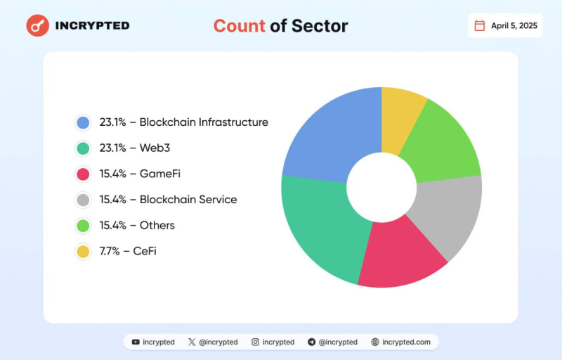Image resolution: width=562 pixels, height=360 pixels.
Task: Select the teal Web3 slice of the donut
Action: (x=320, y=225)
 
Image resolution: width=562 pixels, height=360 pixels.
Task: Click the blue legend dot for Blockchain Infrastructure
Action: (x=84, y=122)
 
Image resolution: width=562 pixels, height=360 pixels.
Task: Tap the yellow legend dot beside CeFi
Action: (x=84, y=251)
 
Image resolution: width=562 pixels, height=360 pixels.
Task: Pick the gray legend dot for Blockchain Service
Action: (x=84, y=200)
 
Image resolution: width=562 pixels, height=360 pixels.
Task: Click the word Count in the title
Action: (x=240, y=26)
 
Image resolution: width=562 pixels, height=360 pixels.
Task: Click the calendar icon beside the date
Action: (x=480, y=25)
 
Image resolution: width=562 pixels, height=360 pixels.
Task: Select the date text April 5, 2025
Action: (x=514, y=25)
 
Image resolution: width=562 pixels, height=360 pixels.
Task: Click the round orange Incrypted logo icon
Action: (x=37, y=25)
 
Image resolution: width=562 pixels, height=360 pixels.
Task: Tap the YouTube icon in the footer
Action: (x=136, y=342)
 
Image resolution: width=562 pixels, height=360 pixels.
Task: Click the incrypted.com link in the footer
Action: (x=406, y=342)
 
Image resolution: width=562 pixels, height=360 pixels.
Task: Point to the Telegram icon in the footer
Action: (x=311, y=342)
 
